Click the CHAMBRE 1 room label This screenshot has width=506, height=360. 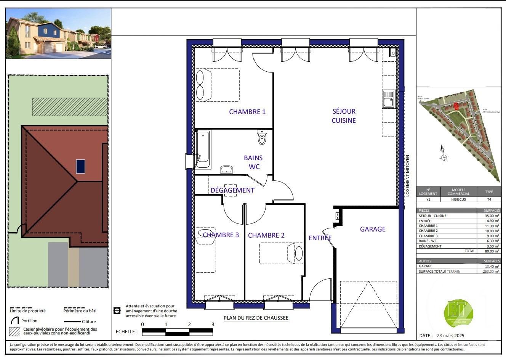[x=247, y=112]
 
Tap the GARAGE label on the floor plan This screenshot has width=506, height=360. [x=373, y=229]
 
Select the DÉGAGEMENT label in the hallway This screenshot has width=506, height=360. [x=232, y=190]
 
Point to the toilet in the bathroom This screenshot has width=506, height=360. [x=262, y=137]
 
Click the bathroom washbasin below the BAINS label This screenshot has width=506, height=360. [x=226, y=169]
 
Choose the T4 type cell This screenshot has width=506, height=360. [x=489, y=199]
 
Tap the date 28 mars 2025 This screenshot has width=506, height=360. [x=450, y=336]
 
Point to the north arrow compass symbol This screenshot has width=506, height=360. [x=443, y=154]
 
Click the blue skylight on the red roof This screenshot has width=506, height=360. [x=80, y=166]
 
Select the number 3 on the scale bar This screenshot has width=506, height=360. [x=213, y=324]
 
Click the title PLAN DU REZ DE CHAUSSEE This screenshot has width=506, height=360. [x=256, y=318]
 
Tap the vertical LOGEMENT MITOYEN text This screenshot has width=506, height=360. [x=407, y=175]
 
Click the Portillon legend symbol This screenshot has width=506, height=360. [x=15, y=321]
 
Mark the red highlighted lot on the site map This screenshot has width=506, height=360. [x=456, y=106]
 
